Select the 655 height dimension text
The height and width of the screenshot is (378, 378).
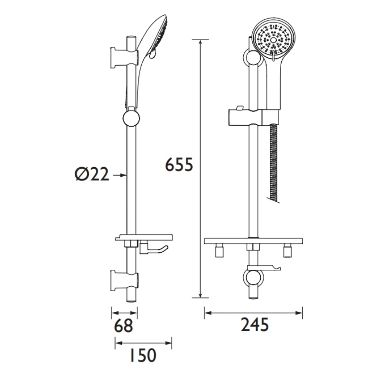(180, 165)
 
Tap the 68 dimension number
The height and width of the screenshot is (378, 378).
(124, 326)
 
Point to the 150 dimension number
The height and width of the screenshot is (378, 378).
(142, 355)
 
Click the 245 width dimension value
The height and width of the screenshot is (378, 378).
(254, 326)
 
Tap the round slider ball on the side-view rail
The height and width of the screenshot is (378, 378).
(131, 118)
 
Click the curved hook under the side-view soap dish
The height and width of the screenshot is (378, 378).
(158, 250)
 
